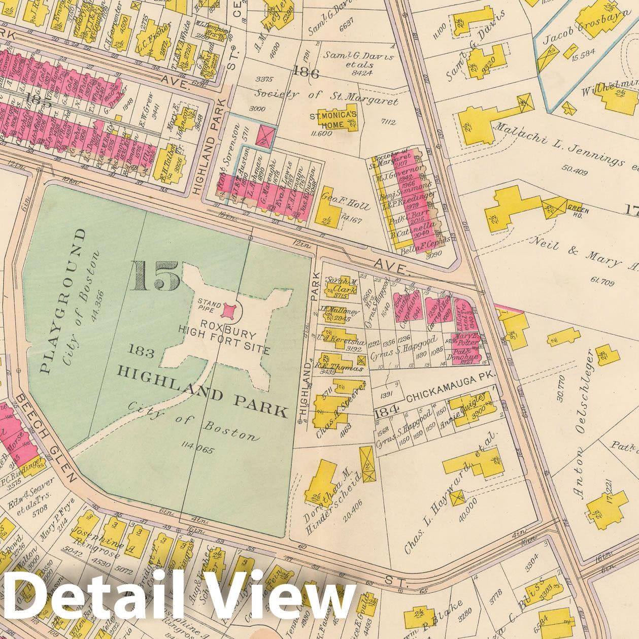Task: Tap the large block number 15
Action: point(156,276)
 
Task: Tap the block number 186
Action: point(305,74)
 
